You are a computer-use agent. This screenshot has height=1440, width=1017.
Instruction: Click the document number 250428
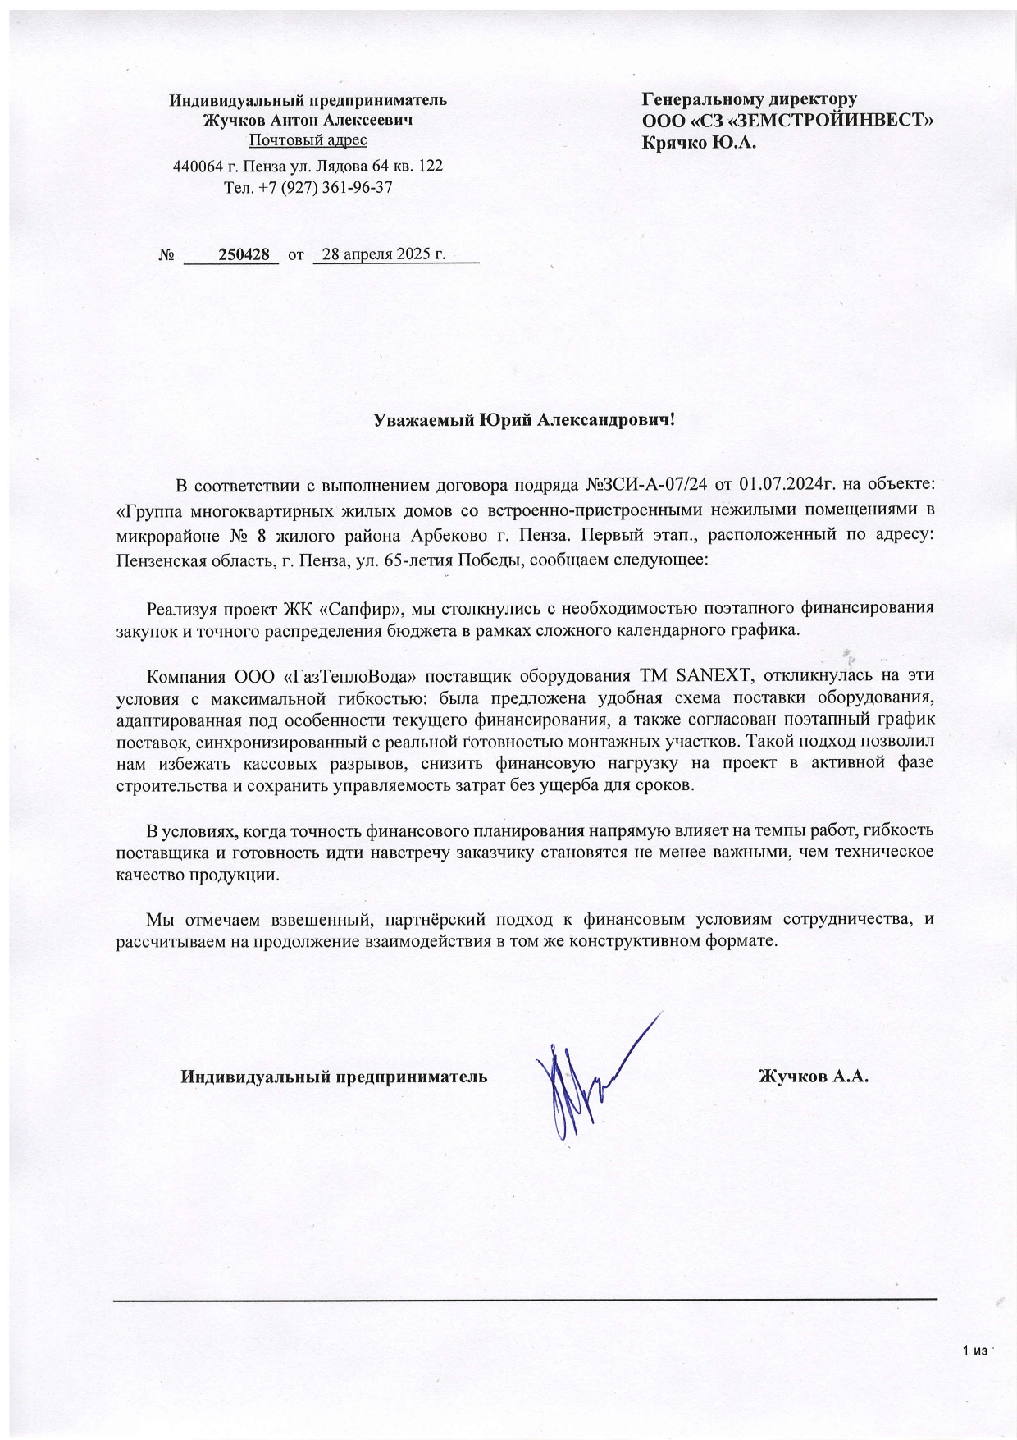[244, 254]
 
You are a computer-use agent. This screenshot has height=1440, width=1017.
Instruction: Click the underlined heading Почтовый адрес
[308, 140]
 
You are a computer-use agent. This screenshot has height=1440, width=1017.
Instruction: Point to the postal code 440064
[196, 166]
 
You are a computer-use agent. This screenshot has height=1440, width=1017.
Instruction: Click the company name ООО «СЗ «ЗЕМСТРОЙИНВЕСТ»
[788, 121]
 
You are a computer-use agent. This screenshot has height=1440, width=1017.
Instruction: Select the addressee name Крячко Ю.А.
[699, 142]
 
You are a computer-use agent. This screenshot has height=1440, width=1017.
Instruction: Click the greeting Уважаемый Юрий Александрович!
[524, 421]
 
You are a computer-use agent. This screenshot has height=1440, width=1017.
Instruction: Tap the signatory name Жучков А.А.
[813, 1077]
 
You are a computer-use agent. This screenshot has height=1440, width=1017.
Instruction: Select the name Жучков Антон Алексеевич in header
[308, 120]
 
